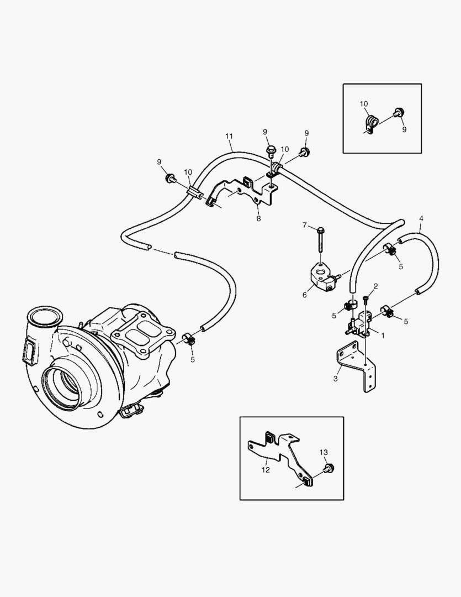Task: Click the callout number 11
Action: (229, 137)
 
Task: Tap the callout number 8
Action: (258, 218)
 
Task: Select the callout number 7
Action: (304, 225)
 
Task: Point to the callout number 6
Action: (304, 295)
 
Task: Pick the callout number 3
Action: (335, 378)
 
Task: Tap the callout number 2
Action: (375, 286)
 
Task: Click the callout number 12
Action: (266, 470)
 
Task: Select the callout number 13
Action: (324, 452)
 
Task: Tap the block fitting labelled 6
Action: (322, 275)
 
